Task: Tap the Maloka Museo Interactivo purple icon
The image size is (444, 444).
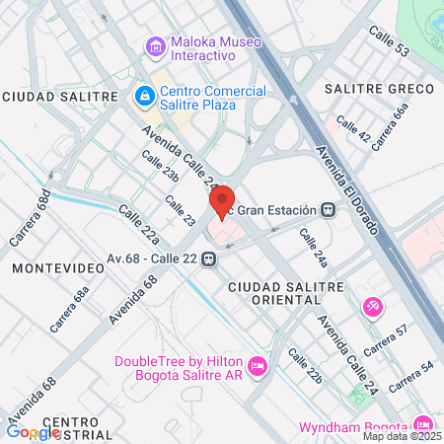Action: tap(154, 46)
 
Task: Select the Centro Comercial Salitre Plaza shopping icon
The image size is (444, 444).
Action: tap(143, 96)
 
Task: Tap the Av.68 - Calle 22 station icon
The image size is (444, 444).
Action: tap(208, 259)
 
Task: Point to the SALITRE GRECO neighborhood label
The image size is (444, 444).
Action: tap(380, 89)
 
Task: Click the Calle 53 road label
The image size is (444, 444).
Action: tap(388, 45)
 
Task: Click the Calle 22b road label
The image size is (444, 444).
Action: tap(306, 365)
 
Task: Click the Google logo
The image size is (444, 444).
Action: tap(33, 431)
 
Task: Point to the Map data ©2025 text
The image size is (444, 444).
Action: tap(402, 435)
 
